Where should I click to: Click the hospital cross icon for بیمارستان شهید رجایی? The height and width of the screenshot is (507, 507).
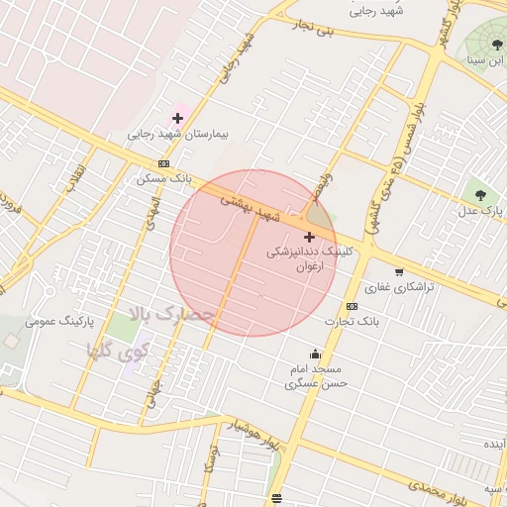point(177,118)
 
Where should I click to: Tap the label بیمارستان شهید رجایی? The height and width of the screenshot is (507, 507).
point(178,133)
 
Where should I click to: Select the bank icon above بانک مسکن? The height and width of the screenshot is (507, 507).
point(163,164)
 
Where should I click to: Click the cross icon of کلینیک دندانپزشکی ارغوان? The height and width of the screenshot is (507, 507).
point(310,237)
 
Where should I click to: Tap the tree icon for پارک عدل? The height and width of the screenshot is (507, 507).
point(480,195)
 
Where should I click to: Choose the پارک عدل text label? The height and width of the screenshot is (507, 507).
point(482,211)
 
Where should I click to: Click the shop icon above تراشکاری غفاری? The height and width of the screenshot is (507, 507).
point(399,271)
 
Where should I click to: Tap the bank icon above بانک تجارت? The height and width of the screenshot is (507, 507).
point(352,306)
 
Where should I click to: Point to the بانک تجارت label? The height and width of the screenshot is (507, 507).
point(353,321)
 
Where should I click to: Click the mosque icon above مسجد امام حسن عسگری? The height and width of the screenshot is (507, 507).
point(316,355)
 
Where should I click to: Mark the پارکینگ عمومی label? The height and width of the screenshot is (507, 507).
point(51,322)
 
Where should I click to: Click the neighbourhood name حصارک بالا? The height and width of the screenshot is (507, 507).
point(170,315)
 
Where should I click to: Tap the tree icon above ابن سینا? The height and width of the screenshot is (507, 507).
point(497,45)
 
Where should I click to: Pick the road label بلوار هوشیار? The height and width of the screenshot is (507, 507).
point(248,433)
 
